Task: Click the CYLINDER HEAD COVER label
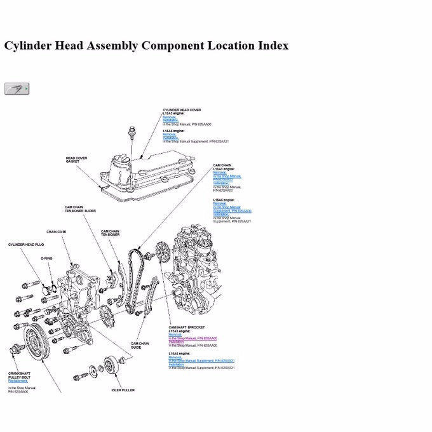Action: point(182,110)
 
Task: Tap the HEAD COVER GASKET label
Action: point(76,160)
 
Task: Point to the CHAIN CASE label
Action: point(56,232)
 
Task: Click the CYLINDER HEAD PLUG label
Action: point(26,245)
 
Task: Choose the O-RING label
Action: point(46,259)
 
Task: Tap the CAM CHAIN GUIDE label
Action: point(140,345)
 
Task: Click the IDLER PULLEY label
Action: point(123,391)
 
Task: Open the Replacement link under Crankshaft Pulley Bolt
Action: point(18,381)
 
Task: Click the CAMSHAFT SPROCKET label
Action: point(187,327)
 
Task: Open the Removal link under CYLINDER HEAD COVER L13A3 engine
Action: point(169,117)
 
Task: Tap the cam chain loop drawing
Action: point(135,280)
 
